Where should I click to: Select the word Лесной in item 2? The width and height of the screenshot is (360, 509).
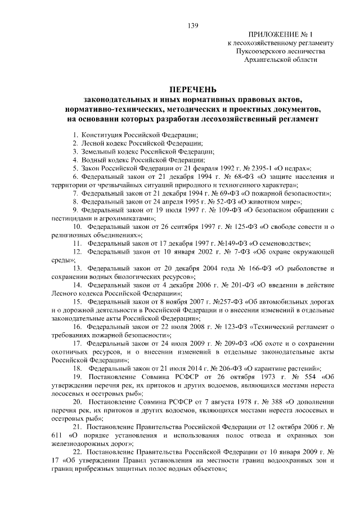[92, 144]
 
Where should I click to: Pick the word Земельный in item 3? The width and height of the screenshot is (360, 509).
[97, 152]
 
